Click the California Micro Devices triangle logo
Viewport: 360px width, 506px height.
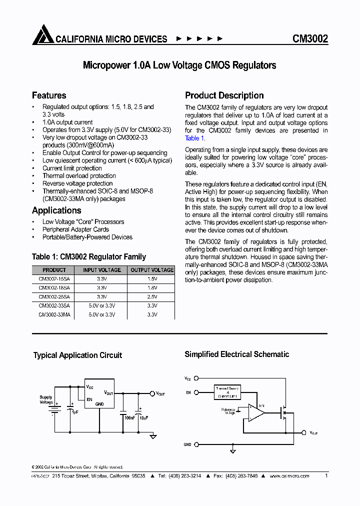coord(42,35)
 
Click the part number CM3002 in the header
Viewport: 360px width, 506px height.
coord(310,39)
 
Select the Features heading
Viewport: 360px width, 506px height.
coord(49,95)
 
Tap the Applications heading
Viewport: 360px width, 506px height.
coord(56,210)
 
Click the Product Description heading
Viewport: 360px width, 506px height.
coord(224,95)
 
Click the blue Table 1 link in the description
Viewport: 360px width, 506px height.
coord(192,138)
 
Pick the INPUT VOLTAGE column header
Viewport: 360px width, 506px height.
coord(102,270)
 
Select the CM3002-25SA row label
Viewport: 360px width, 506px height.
coord(54,297)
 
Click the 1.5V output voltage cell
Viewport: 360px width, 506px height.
coord(152,279)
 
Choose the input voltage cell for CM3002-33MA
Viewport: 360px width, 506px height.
coord(102,315)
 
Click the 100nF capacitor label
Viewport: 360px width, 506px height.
coord(129,417)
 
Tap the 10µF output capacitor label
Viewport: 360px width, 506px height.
coord(143,417)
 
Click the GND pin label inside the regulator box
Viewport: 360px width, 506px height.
coord(100,404)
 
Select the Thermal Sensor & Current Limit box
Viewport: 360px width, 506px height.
coord(227,392)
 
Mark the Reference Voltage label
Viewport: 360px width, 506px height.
coord(228,411)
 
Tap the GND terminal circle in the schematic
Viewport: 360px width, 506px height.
coord(196,444)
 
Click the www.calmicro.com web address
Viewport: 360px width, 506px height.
coord(289,476)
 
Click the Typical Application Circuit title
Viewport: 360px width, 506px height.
coord(77,355)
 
